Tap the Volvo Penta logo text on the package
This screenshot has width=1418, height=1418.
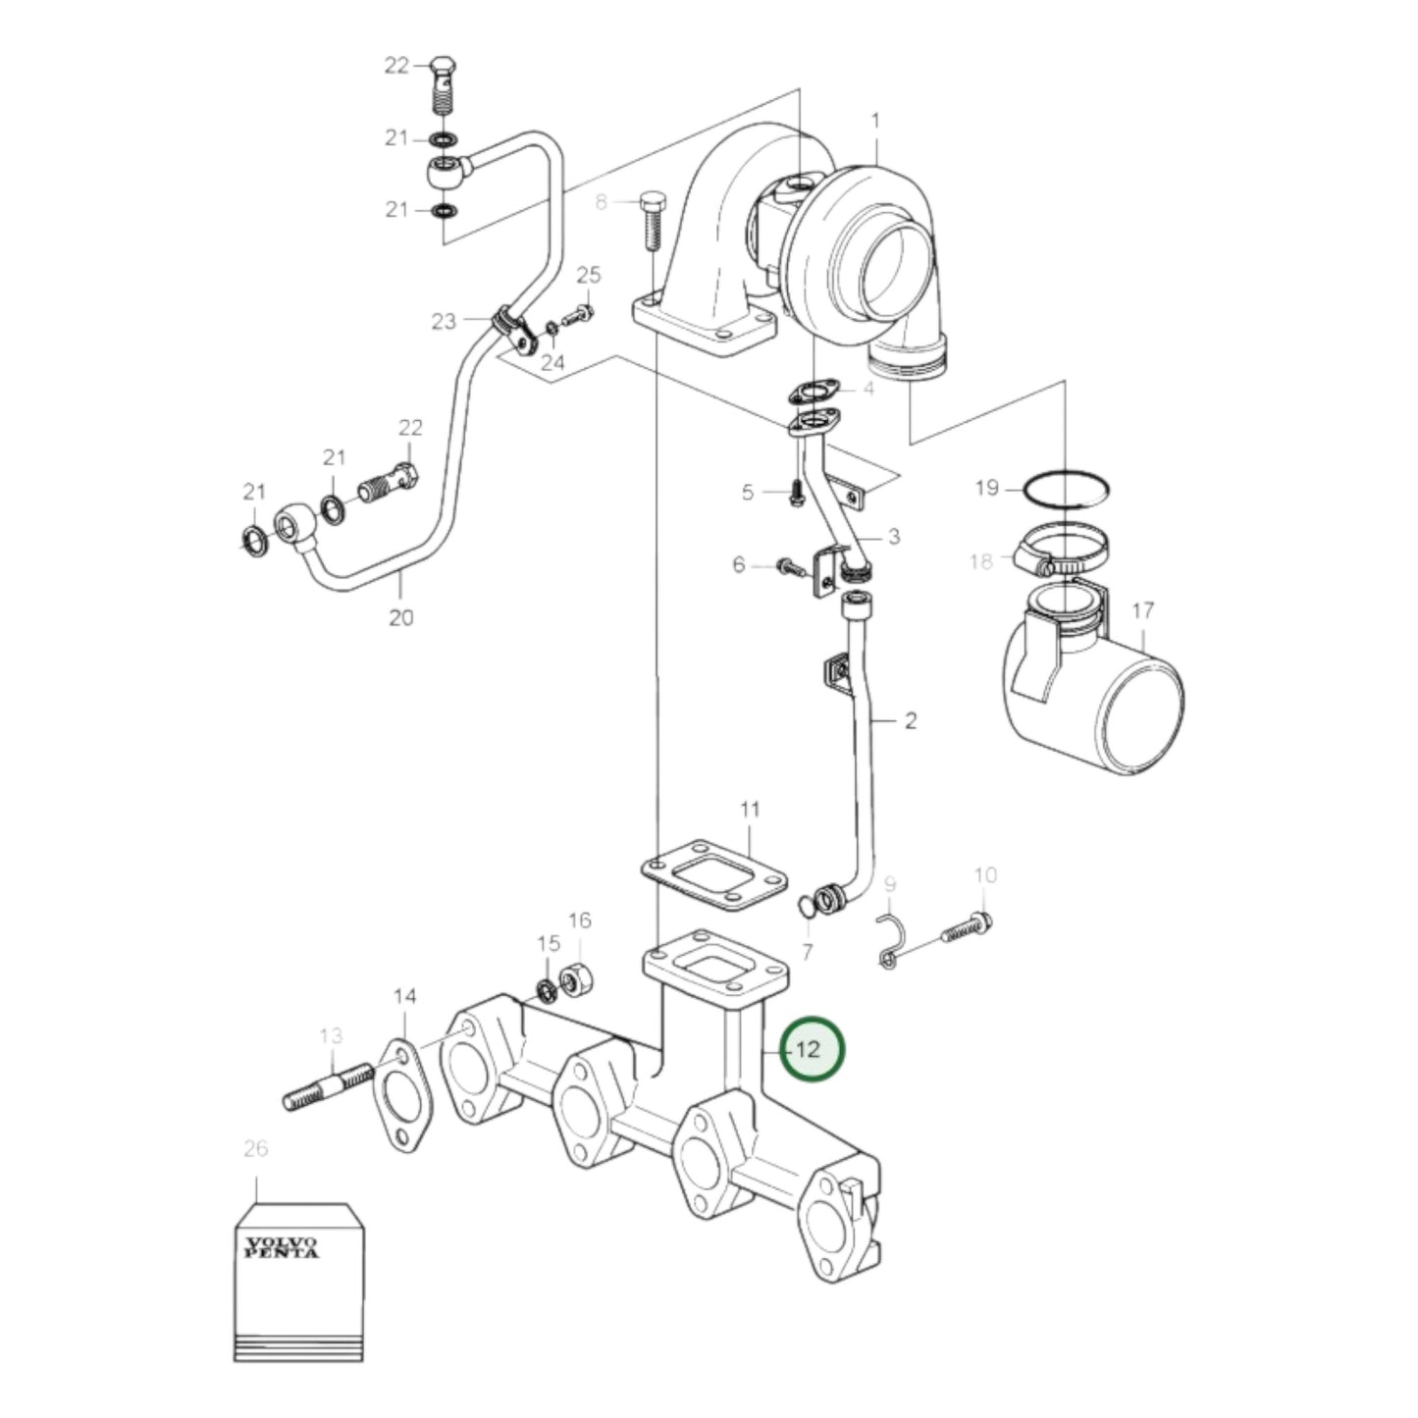(282, 1247)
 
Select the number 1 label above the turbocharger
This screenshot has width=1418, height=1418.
(875, 121)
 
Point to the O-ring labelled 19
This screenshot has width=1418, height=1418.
(1067, 489)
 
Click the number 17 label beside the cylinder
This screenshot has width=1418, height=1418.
(1142, 611)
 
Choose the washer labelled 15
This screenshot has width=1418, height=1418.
(547, 989)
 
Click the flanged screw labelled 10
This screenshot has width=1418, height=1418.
(964, 927)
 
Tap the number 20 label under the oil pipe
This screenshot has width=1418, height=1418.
(401, 617)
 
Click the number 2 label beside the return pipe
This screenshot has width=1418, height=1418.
(910, 721)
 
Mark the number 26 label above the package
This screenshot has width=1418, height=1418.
(255, 1148)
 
